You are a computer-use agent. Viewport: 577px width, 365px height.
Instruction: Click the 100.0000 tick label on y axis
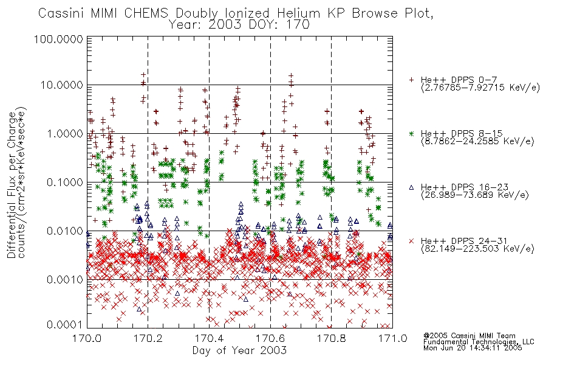pyautogui.click(x=58, y=39)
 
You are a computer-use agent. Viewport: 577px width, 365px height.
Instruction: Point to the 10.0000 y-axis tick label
pyautogui.click(x=61, y=85)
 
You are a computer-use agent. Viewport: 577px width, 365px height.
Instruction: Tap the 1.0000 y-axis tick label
pyautogui.click(x=64, y=133)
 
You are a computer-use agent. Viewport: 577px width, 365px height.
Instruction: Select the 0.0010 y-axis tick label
pyautogui.click(x=64, y=279)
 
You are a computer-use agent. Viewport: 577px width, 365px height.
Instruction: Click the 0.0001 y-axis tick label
pyautogui.click(x=64, y=325)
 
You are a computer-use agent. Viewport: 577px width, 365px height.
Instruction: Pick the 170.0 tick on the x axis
pyautogui.click(x=87, y=338)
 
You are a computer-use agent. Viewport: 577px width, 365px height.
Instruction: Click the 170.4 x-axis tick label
pyautogui.click(x=209, y=338)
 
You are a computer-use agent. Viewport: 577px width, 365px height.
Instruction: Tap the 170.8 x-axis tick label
pyautogui.click(x=331, y=338)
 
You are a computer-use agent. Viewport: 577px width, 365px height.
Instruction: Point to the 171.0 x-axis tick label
pyautogui.click(x=392, y=338)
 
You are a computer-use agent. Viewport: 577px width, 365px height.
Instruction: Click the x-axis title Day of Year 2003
pyautogui.click(x=239, y=350)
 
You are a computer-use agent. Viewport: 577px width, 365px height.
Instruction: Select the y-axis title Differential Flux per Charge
pyautogui.click(x=12, y=185)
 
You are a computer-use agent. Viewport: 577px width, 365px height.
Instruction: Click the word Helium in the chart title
pyautogui.click(x=298, y=13)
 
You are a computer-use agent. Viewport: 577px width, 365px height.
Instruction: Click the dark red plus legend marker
pyautogui.click(x=411, y=80)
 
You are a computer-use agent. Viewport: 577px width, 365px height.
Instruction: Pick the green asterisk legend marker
pyautogui.click(x=411, y=133)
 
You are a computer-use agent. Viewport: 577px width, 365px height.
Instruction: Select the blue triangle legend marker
pyautogui.click(x=411, y=187)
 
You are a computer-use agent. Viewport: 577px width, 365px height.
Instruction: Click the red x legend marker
pyautogui.click(x=411, y=241)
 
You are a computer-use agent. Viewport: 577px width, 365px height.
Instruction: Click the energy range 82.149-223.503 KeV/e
pyautogui.click(x=477, y=249)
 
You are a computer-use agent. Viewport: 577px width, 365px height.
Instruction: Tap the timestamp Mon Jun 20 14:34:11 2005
pyautogui.click(x=473, y=348)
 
